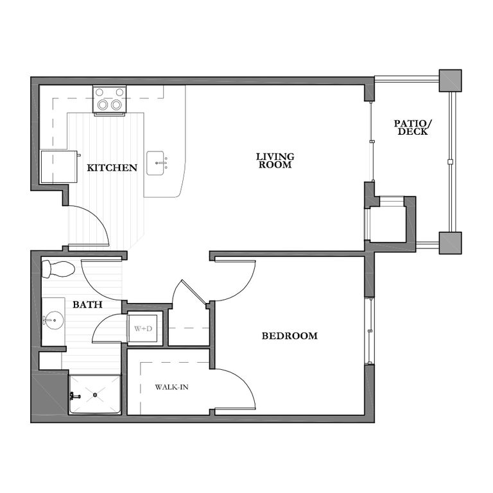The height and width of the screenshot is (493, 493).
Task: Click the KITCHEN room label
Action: click(112, 168)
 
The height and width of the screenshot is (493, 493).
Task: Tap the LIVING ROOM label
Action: click(275, 160)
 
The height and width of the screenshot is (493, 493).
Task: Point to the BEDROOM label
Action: click(290, 336)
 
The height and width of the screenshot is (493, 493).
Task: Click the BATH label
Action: click(87, 305)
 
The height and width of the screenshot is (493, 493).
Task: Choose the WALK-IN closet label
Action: click(171, 387)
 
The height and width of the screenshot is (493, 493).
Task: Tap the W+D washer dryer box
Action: click(144, 329)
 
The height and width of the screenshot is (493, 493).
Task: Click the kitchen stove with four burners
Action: click(108, 99)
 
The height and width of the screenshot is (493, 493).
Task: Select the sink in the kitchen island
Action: click(158, 163)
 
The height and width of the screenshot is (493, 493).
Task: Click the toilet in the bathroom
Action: click(57, 268)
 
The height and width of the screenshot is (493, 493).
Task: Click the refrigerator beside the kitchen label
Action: click(58, 168)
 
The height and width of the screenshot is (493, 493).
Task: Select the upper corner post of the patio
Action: click(450, 80)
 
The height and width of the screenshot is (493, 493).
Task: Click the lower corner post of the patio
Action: click(450, 243)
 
